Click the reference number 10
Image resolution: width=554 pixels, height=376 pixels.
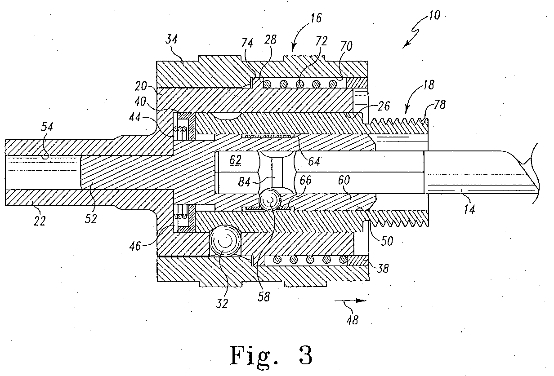[434, 15]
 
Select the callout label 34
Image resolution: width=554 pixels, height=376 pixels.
[171, 39]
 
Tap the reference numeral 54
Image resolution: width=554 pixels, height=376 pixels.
[47, 127]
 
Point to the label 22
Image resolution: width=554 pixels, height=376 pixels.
[40, 221]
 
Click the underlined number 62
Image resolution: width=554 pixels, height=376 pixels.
[235, 160]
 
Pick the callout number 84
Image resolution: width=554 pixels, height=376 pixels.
[244, 182]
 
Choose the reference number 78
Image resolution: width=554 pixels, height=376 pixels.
[439, 105]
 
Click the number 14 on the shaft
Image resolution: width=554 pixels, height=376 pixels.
[469, 209]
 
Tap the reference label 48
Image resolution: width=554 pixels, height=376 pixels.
[353, 320]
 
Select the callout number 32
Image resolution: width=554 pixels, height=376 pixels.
[222, 303]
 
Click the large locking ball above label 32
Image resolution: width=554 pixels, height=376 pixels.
[225, 241]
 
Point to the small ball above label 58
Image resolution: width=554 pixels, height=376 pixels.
[270, 199]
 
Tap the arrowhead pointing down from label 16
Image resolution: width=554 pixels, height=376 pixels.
[294, 48]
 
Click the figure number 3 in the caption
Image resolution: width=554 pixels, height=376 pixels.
[306, 355]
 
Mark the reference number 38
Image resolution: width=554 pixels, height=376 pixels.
[382, 268]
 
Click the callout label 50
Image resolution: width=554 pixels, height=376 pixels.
[387, 241]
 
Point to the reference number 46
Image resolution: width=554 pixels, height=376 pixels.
[135, 246]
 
